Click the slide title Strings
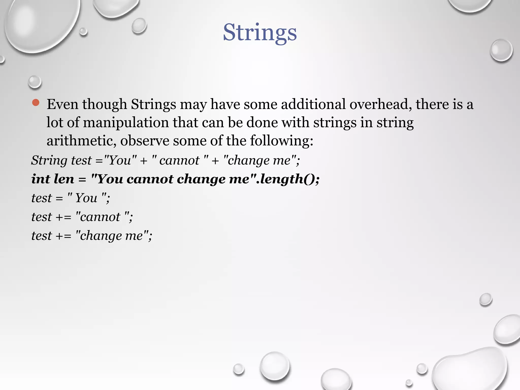pos(260,32)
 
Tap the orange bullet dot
pos(36,103)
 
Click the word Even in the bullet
pos(62,104)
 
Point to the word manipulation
pos(126,123)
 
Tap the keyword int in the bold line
pos(40,179)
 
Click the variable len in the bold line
pos(64,179)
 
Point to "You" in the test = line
pos(86,198)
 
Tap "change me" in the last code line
pos(112,236)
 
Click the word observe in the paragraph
pos(144,141)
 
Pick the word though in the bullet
pos(104,104)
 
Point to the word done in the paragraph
pos(262,123)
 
